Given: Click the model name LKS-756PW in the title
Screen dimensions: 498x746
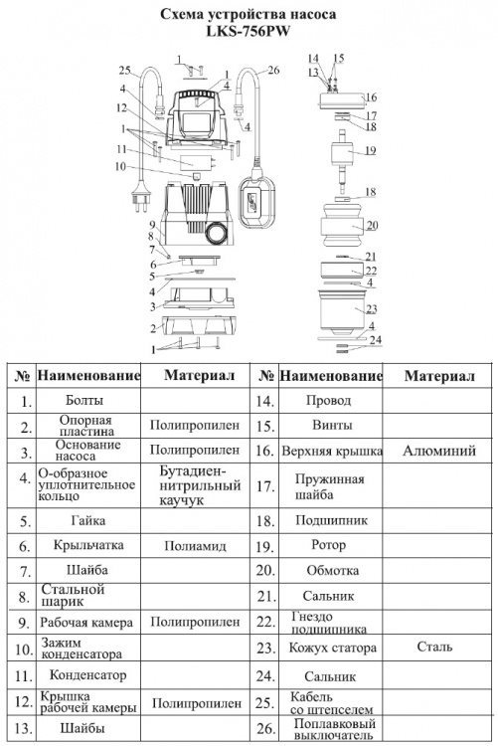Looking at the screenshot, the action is (249, 32).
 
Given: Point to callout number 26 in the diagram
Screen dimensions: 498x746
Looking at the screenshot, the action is (273, 71).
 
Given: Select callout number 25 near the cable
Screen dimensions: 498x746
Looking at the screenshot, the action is (124, 71).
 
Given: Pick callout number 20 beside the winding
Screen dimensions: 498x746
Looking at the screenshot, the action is (373, 225).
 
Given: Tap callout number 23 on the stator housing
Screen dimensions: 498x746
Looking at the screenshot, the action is (372, 308).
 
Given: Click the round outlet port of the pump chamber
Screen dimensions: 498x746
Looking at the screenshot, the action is (217, 233).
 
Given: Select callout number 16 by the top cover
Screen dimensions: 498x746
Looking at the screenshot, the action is (371, 97).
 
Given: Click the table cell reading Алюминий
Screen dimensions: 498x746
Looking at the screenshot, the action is (439, 451).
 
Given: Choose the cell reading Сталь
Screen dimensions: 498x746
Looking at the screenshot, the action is (434, 647).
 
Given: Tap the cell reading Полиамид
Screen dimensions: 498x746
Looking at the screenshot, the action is (195, 546).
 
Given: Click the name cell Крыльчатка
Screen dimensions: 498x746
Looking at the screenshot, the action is (88, 545).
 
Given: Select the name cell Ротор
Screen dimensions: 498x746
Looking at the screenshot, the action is (328, 545).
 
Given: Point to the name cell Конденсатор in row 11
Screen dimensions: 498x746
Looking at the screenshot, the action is (88, 675).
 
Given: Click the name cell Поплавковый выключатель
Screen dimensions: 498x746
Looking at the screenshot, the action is (334, 729).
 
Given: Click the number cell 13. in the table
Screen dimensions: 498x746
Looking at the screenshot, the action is (23, 729).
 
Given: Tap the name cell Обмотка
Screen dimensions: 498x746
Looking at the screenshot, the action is (332, 571).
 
